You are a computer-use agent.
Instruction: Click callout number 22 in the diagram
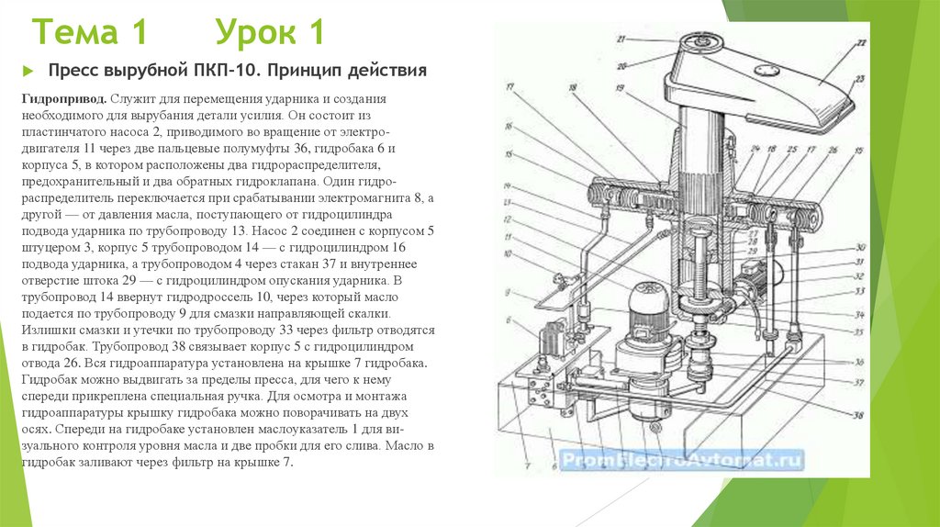(x=860, y=43)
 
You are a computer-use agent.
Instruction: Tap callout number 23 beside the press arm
(x=860, y=78)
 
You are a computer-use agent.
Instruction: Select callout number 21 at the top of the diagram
(x=621, y=39)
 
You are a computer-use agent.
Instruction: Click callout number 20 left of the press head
(x=621, y=65)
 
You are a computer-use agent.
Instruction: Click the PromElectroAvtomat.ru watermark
(x=680, y=460)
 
